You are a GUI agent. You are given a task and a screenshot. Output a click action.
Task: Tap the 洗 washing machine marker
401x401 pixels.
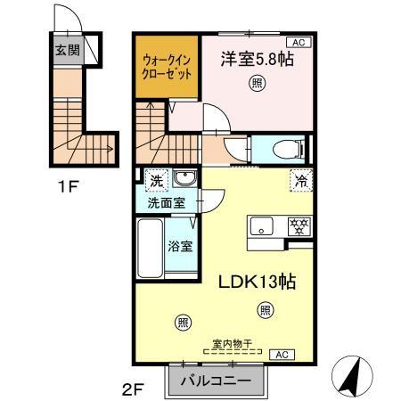point(157,179)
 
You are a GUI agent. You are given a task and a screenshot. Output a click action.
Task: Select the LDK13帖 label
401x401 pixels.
point(258,278)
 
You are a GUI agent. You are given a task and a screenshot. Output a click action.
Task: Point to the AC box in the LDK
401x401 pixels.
point(282,355)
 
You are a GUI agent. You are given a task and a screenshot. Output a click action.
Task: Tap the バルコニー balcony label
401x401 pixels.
point(217,381)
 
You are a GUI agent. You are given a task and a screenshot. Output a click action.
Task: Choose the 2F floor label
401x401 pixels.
point(133,390)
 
